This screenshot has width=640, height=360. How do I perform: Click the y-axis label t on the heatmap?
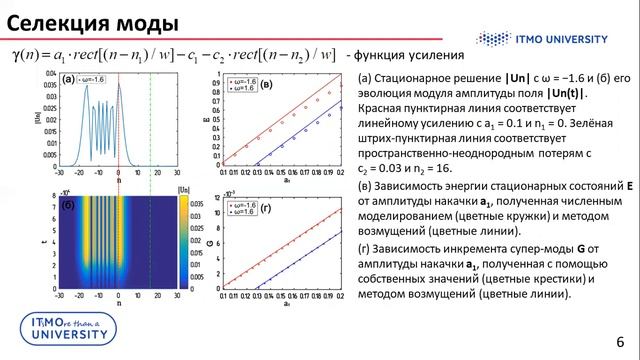pyautogui.click(x=40, y=240)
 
